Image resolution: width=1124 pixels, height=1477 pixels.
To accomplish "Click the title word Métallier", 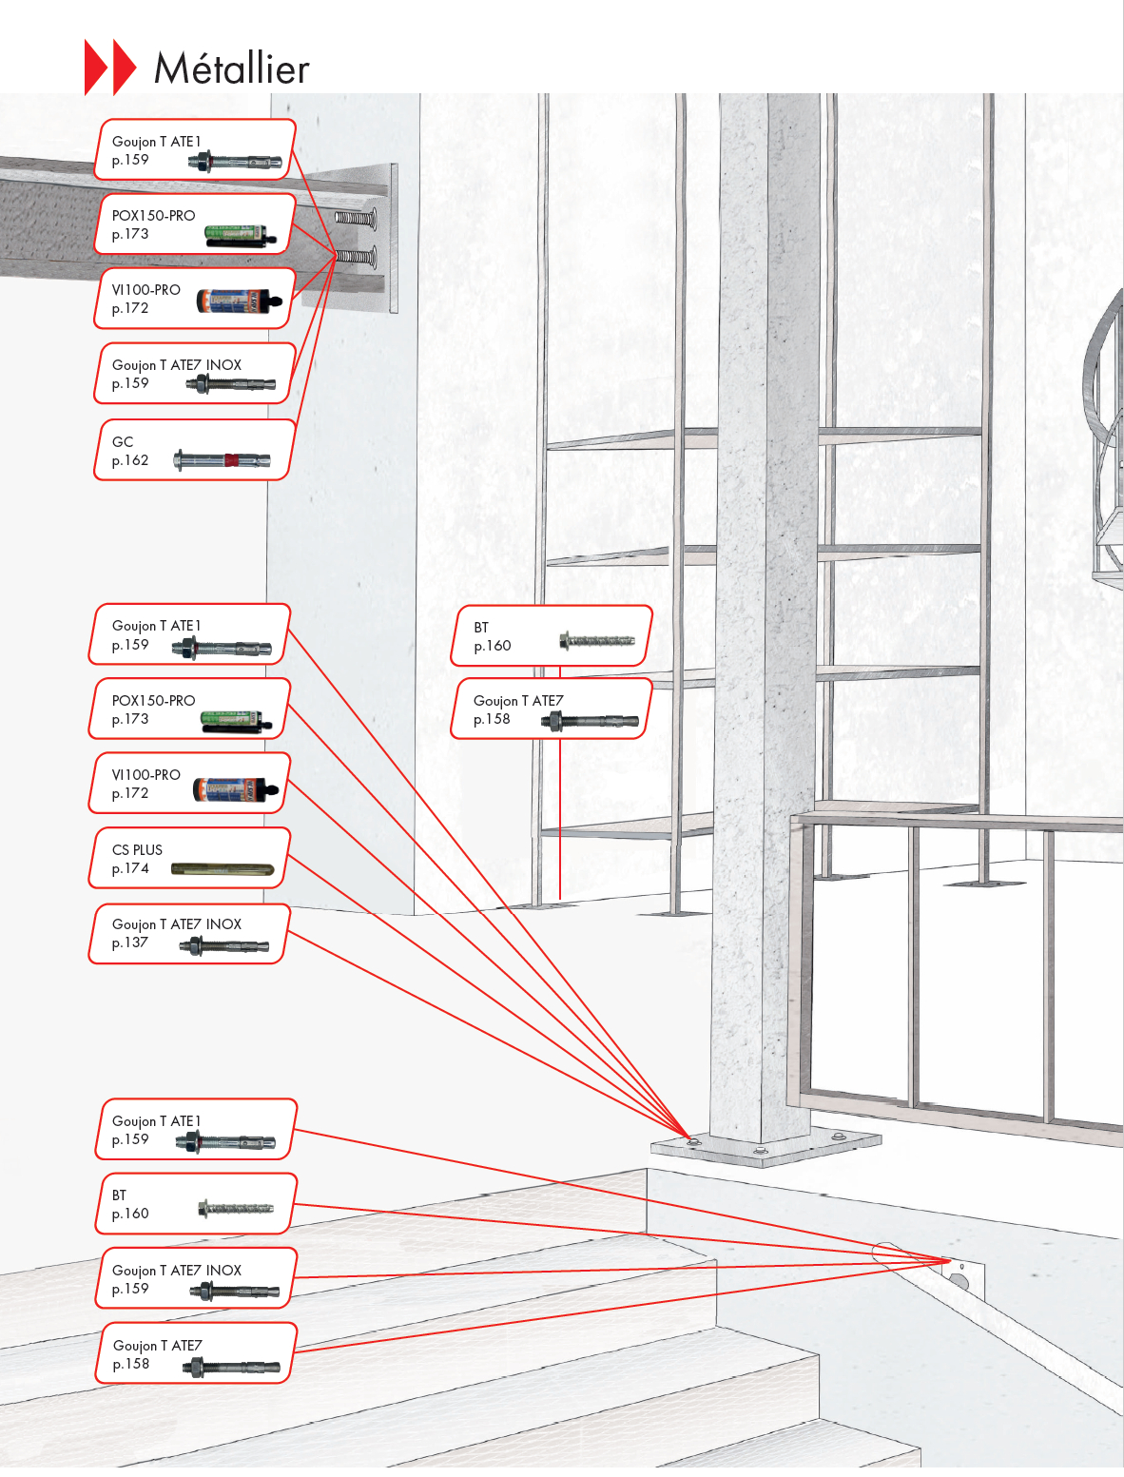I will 231,68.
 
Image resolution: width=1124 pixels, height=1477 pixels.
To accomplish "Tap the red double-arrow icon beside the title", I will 110,67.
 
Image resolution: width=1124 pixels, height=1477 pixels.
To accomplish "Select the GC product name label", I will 123,441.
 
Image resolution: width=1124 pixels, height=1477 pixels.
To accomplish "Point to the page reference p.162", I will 130,460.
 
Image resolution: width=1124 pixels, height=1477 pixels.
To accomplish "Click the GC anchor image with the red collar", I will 222,461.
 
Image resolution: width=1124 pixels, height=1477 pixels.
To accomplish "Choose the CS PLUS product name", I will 137,849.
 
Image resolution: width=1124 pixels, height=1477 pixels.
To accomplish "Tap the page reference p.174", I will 130,868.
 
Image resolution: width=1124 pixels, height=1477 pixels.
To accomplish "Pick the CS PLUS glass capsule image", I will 222,869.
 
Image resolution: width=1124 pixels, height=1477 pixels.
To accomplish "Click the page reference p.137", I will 130,943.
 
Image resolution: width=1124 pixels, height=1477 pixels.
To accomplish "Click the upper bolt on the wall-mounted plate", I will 356,219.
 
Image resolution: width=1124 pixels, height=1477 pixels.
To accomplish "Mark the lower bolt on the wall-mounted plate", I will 356,256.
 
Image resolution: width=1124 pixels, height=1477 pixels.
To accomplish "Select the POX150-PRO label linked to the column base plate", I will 153,700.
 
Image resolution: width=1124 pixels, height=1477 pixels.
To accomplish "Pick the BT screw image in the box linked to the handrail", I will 235,1209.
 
